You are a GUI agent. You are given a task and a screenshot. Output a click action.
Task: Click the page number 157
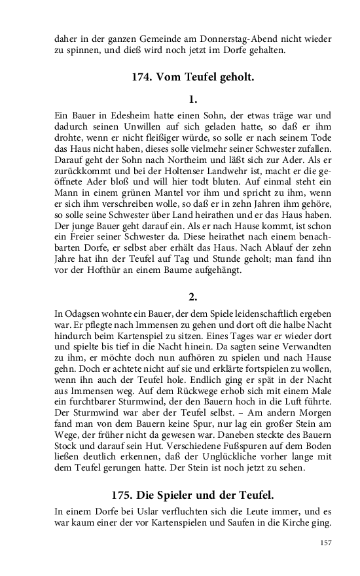(325, 543)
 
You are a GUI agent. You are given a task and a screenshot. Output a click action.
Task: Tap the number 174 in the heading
(142, 77)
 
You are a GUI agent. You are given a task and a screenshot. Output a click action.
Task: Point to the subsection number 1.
(192, 99)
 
